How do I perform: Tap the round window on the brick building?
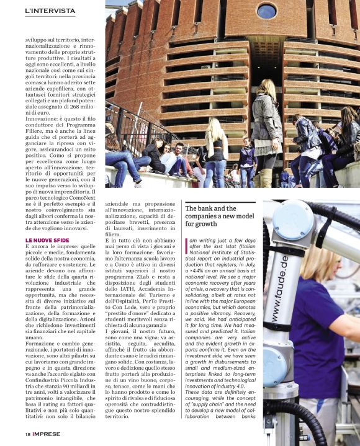coord(267,11)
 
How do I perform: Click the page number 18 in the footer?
coord(28,434)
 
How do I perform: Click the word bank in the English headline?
coord(204,208)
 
